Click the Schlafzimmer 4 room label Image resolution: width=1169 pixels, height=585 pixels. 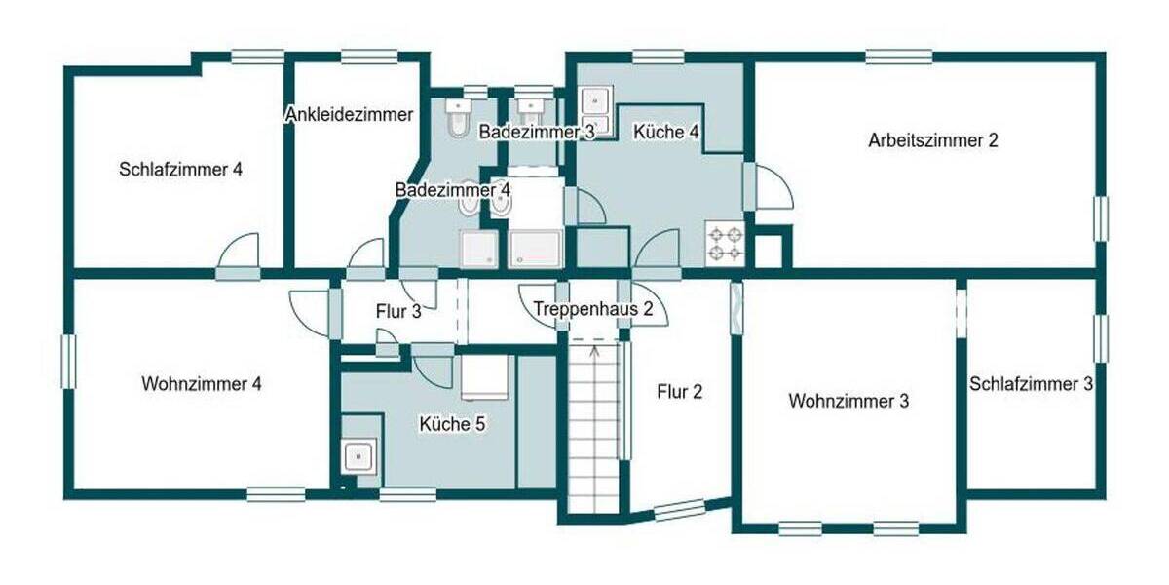click(180, 169)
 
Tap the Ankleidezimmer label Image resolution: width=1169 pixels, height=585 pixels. click(349, 115)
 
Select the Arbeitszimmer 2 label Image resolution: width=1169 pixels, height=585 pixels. click(933, 140)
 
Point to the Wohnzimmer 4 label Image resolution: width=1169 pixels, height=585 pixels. click(201, 384)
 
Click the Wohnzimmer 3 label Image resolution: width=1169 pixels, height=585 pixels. click(848, 401)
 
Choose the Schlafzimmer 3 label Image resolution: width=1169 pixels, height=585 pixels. click(1031, 384)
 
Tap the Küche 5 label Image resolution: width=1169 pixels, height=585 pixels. click(452, 424)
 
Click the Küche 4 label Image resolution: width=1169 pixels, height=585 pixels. click(667, 132)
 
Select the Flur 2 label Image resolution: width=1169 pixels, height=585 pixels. click(679, 393)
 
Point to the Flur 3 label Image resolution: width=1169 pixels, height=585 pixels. click(397, 312)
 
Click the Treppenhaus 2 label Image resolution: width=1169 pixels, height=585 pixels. click(599, 310)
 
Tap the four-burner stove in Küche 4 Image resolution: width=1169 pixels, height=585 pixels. click(725, 244)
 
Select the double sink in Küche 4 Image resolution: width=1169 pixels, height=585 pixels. click(594, 111)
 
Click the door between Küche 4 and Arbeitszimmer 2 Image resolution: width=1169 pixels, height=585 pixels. click(770, 187)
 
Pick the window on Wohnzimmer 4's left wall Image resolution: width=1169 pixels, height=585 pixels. click(69, 362)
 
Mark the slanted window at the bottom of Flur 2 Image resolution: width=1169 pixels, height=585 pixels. click(679, 509)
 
